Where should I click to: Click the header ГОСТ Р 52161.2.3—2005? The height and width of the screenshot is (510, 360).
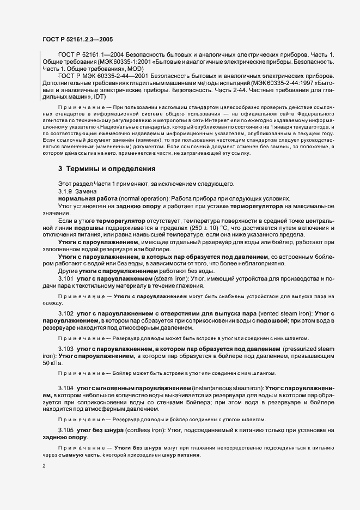click(x=77, y=39)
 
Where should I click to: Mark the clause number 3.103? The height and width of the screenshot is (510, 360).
click(x=67, y=348)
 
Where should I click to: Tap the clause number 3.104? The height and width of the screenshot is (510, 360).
click(x=67, y=387)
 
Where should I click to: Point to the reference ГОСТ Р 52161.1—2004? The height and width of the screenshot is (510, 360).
click(x=89, y=55)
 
